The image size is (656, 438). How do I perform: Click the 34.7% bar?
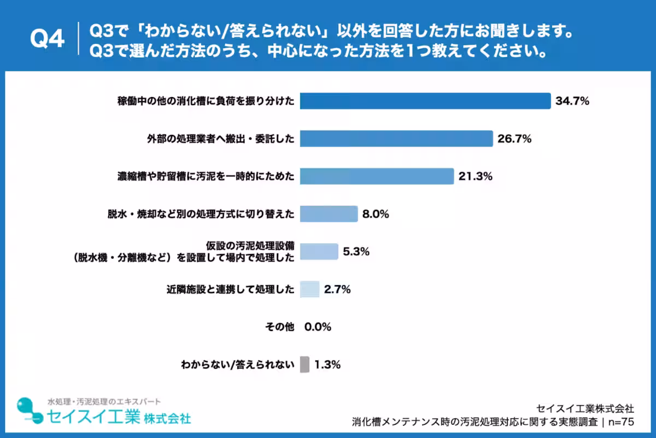pos(425,101)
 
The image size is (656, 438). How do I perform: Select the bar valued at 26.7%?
pos(396,139)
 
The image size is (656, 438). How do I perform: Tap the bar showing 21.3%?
pos(377,176)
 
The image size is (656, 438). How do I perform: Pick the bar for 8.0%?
pos(329,214)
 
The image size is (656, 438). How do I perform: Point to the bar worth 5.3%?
pos(319,251)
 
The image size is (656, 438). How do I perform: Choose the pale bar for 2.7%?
pos(310,289)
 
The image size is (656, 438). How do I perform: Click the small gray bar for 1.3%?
pos(305,364)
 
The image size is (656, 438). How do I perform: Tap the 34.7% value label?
pos(572,101)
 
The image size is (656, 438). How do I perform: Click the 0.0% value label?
pos(318,327)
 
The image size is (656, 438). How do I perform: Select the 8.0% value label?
pos(376,214)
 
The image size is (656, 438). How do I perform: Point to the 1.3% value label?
pos(327,365)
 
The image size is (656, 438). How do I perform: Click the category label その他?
pos(279,327)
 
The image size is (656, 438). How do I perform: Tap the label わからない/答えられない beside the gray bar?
pos(238,365)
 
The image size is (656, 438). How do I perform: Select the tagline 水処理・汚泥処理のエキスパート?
pos(104,401)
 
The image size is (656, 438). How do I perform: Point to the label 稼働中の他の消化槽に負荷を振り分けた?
pos(206,101)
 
